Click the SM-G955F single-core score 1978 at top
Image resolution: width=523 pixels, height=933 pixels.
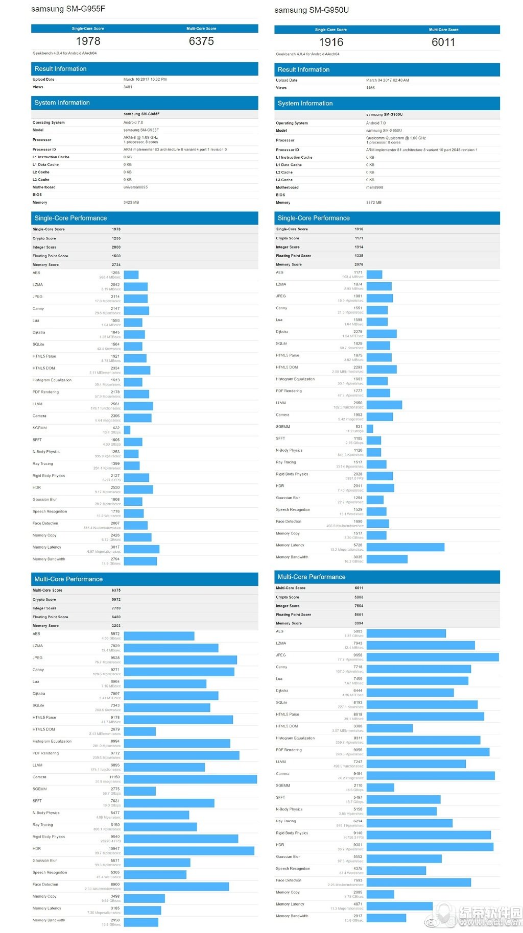[88, 41]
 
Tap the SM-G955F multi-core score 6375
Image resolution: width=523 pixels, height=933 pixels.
[201, 41]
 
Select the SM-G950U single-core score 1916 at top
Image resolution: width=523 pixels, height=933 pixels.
[331, 42]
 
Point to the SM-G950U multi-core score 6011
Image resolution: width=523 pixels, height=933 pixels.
[443, 42]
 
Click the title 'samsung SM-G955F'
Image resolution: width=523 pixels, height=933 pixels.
[68, 9]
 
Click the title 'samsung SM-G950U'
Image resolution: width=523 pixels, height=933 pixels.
[312, 10]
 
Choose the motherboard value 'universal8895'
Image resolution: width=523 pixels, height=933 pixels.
[135, 187]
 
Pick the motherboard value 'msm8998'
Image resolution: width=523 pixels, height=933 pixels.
[374, 187]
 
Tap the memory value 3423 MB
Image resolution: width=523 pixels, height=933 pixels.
[131, 203]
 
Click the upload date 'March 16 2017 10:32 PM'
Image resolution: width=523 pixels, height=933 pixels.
[145, 80]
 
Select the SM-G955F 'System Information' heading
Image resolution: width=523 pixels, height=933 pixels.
[62, 103]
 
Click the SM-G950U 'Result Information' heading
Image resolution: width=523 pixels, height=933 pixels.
[303, 69]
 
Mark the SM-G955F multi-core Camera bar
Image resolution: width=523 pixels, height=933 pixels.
[190, 779]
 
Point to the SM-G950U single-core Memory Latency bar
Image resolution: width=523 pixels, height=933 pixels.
[405, 547]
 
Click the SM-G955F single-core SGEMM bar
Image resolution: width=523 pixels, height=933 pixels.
[127, 430]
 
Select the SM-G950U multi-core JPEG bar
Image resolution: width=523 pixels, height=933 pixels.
[432, 657]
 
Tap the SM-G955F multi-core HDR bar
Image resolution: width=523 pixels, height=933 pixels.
[189, 851]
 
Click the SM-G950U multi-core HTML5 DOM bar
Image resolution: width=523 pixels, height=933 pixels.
[389, 728]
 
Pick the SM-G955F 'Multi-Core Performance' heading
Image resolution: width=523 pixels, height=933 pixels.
[68, 579]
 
